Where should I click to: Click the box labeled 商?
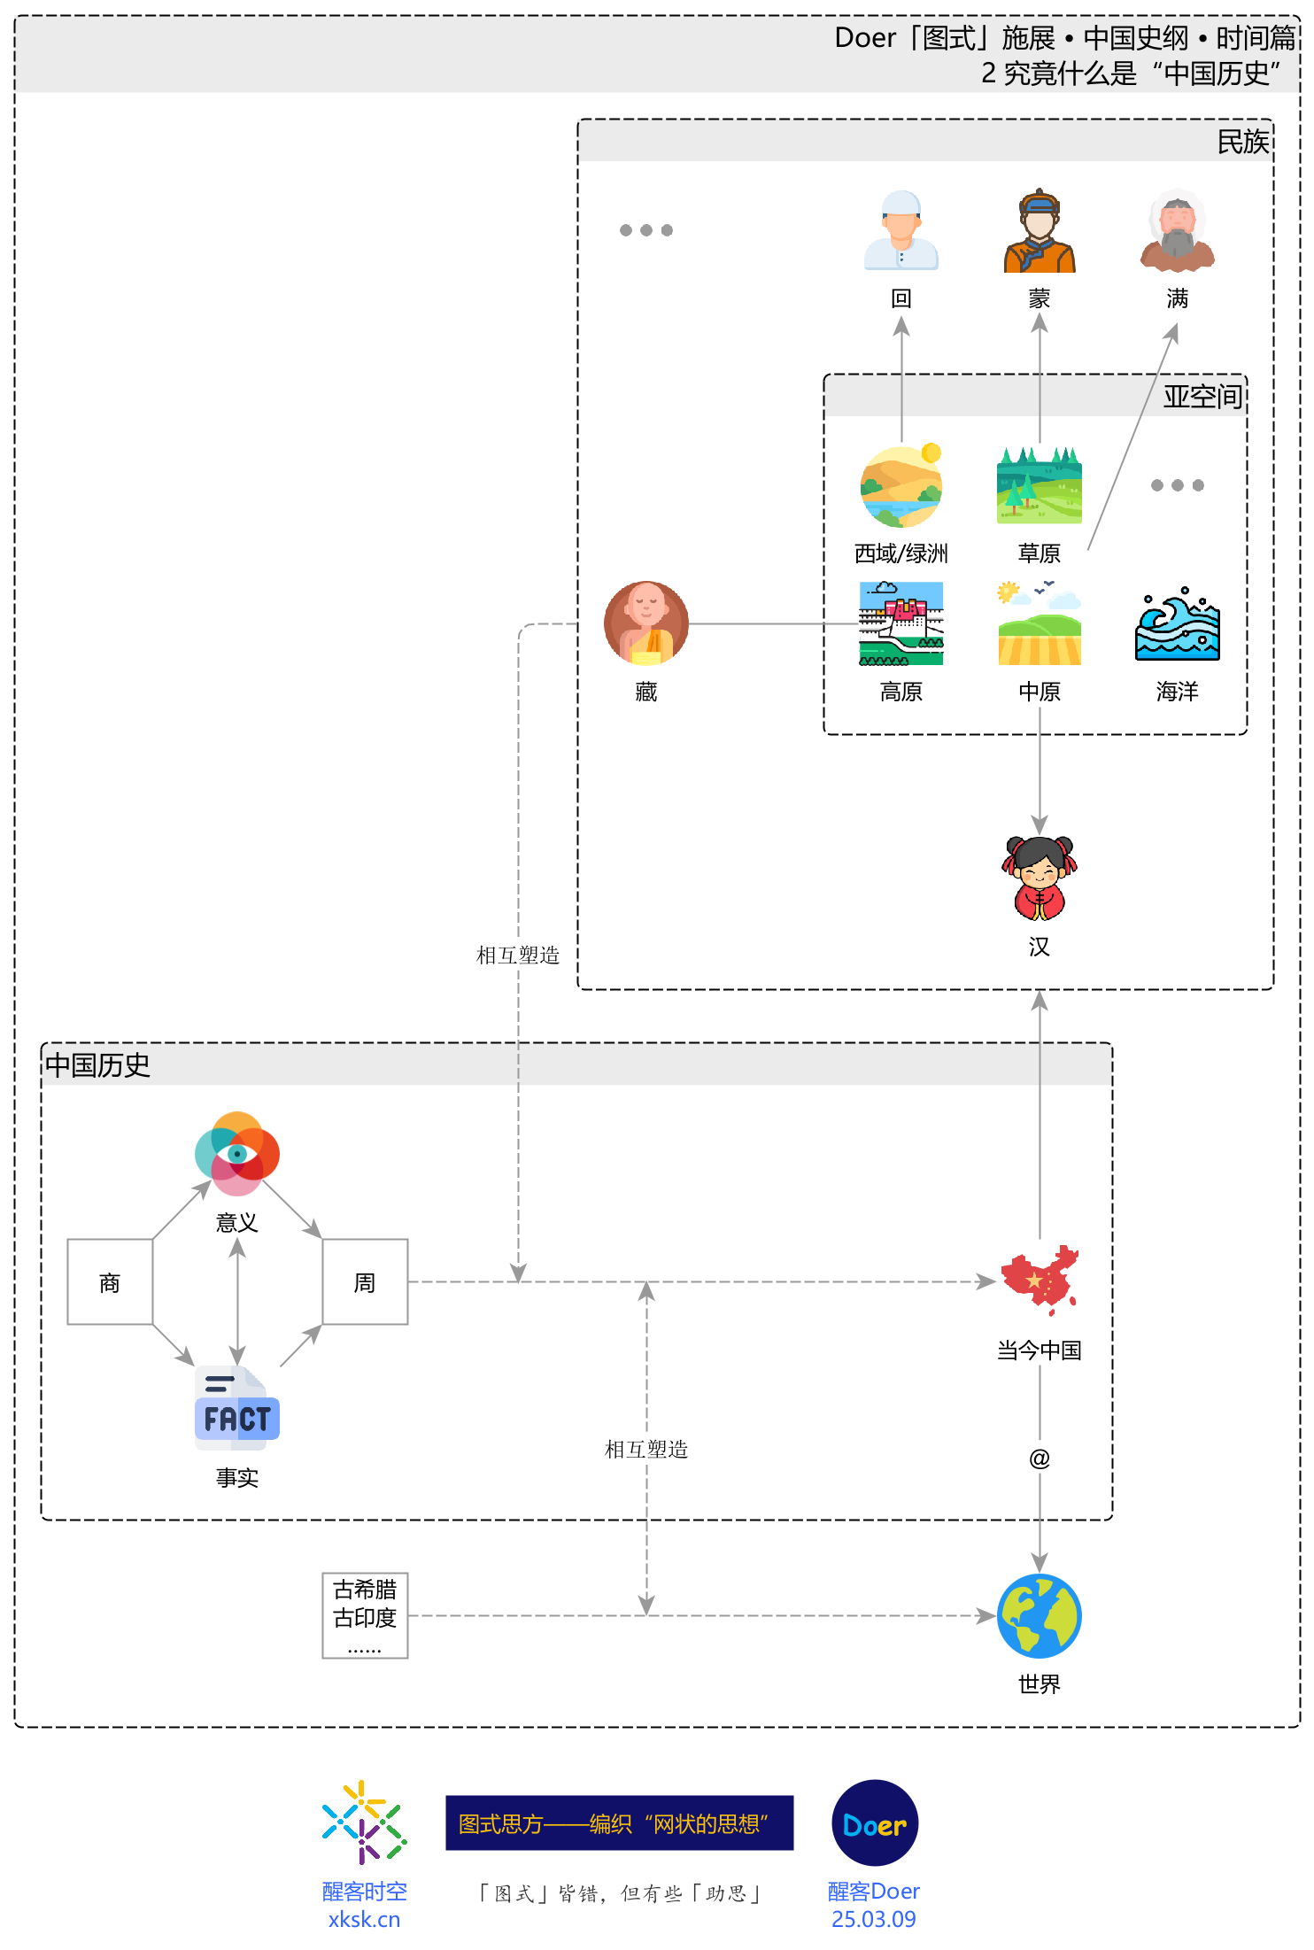[x=110, y=1281]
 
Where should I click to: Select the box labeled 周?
[x=365, y=1281]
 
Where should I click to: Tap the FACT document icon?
[x=237, y=1409]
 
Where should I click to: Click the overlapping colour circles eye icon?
[x=237, y=1154]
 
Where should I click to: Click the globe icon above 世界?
[x=1040, y=1615]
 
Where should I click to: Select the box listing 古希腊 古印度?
[x=365, y=1615]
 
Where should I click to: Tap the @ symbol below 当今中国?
[x=1040, y=1459]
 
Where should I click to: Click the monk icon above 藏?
[x=646, y=623]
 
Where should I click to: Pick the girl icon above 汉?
[x=1040, y=878]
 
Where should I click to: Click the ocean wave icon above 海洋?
[x=1178, y=624]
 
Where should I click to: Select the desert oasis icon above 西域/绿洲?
[x=901, y=486]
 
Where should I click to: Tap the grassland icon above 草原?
[x=1040, y=485]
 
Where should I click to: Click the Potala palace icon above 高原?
[x=901, y=623]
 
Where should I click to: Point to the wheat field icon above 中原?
[x=1040, y=624]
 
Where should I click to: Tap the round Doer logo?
[x=875, y=1823]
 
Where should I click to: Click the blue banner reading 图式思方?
[x=619, y=1823]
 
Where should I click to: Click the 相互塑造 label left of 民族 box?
[x=518, y=956]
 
